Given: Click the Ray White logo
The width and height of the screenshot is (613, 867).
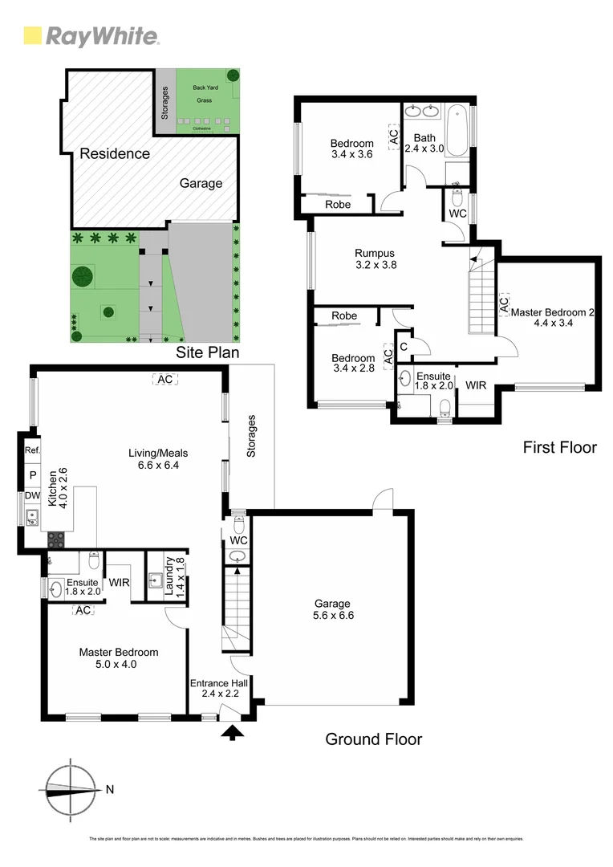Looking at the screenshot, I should coord(91,36).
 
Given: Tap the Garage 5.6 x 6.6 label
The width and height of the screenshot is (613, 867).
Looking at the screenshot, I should coord(331,609).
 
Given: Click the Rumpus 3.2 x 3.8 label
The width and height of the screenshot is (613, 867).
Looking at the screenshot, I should coord(376,257).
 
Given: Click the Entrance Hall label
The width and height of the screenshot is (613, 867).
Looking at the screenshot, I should coord(218,688).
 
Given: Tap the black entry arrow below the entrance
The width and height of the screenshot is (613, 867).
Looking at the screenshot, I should coord(233,731).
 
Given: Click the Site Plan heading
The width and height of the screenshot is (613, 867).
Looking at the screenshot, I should coord(207,352).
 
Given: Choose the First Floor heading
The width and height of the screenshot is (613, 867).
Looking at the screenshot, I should coord(559,447).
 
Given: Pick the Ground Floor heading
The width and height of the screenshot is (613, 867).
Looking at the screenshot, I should coord(373,739).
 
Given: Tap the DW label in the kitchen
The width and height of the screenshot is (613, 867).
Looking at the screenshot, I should coord(33,496).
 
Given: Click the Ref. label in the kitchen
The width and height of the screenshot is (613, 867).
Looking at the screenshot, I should coord(33,450).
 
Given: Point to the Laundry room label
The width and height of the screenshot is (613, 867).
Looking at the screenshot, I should coord(174,577).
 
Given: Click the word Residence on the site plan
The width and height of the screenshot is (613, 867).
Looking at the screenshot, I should coord(114,153).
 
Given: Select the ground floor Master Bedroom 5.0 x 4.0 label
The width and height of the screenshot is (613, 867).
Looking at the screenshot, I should coord(118,658).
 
